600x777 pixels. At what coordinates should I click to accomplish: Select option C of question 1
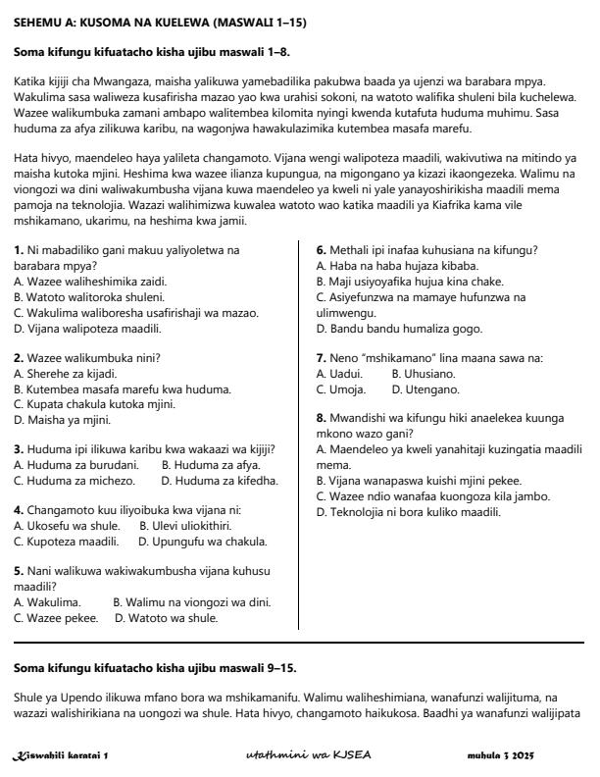tap(135, 313)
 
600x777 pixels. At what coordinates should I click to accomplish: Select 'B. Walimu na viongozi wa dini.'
tap(191, 602)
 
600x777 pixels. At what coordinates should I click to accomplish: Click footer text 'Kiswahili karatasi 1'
tap(60, 755)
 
